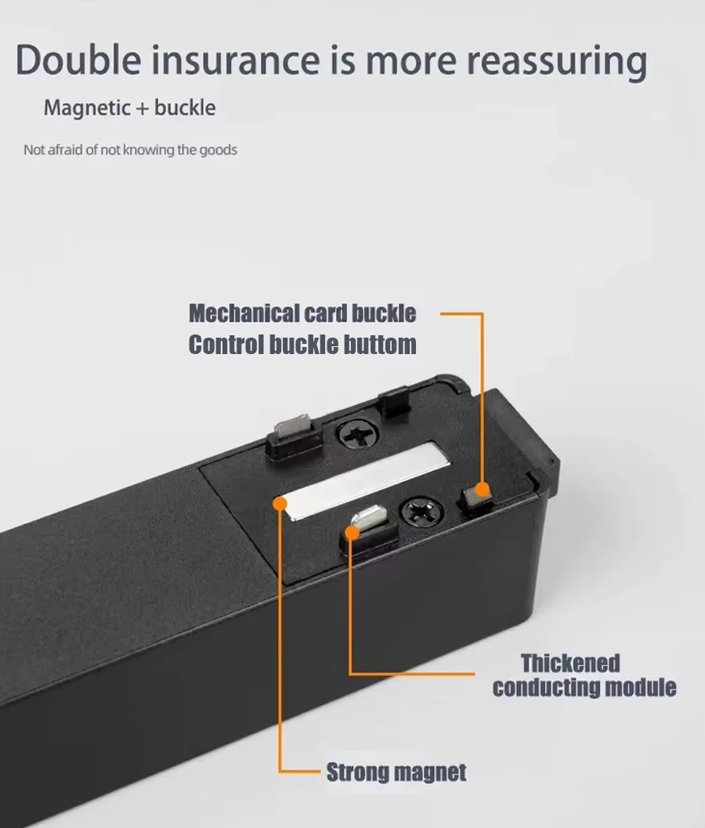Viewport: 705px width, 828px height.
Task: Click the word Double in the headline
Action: point(78,60)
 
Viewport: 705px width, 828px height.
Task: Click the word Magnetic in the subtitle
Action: point(87,108)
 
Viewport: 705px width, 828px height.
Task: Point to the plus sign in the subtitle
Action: point(143,109)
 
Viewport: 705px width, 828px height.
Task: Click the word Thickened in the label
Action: point(570,663)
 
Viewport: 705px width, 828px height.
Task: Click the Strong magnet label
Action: point(396,772)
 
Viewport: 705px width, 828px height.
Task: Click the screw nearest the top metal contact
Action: point(357,434)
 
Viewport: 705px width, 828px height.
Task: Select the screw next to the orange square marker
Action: point(421,511)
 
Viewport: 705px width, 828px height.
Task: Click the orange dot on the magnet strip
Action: point(280,503)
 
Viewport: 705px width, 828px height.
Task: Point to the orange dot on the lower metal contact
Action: point(352,532)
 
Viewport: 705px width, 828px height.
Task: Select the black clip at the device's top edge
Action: point(394,402)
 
